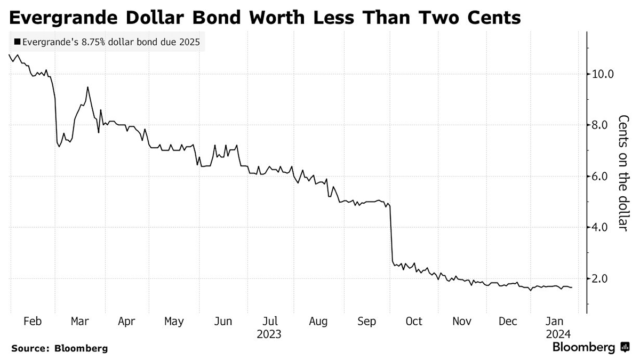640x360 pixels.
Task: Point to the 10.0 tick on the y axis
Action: pos(600,74)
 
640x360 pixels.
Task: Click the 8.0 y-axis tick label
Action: pos(597,125)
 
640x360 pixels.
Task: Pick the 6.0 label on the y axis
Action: pos(597,177)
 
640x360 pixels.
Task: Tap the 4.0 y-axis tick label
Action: pos(597,228)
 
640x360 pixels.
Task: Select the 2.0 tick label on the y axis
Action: pos(597,279)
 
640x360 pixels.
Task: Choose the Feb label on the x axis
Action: pos(33,322)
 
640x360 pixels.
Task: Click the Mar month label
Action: pos(79,322)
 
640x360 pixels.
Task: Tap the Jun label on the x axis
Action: pos(222,322)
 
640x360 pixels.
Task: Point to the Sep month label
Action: pos(366,322)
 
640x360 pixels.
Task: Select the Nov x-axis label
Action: pos(461,322)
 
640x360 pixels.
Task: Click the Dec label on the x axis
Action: pos(508,322)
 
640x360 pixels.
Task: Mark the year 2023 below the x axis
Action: pos(269,335)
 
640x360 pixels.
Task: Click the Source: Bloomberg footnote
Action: pos(59,349)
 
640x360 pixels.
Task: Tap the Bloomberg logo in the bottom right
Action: pos(590,348)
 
